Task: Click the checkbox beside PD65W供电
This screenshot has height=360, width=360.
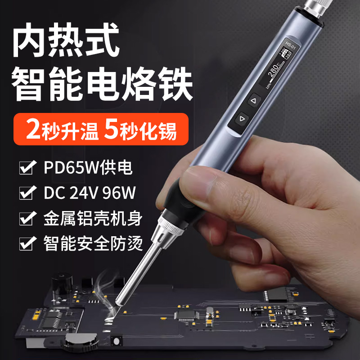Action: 27,169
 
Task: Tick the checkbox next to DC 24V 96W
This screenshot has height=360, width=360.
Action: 27,194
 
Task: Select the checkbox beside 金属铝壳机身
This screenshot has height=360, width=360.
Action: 27,219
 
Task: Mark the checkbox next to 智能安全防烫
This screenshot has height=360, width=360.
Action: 27,244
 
